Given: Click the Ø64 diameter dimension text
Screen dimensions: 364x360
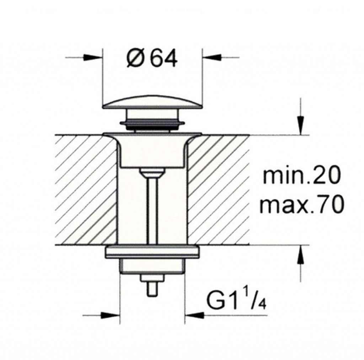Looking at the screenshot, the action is (x=152, y=59).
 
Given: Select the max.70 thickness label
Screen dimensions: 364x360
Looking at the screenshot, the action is (x=301, y=204).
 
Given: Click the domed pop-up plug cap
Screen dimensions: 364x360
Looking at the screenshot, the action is (x=152, y=102).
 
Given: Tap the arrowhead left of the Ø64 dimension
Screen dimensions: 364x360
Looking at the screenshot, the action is (x=93, y=57).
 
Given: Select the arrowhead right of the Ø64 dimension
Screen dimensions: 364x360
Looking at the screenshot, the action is (x=212, y=57).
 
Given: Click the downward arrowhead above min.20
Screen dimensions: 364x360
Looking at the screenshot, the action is (x=300, y=125).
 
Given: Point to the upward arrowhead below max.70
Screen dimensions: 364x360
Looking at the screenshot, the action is (x=300, y=254).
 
